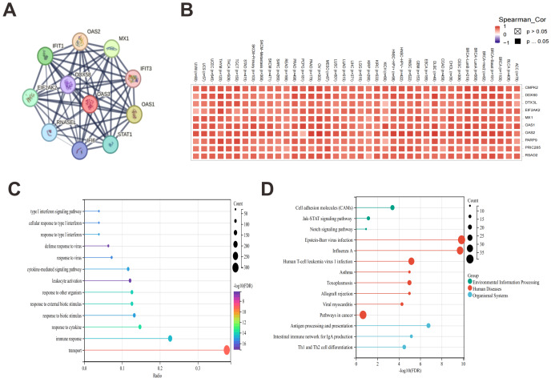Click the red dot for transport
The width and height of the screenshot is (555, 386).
(227, 350)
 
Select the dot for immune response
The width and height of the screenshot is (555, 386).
(171, 339)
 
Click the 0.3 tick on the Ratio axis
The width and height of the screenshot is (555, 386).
(198, 365)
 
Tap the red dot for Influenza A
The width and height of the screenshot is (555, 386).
(460, 251)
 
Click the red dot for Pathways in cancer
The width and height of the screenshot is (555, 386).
(363, 315)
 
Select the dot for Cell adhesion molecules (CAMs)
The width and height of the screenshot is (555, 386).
(392, 207)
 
